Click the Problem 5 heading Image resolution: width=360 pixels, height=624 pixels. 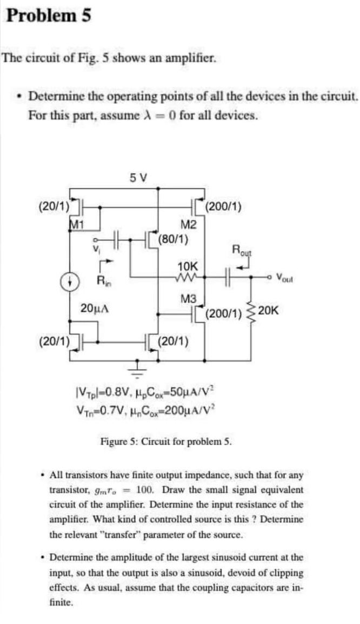(x=48, y=16)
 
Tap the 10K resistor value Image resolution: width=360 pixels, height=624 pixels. (x=188, y=267)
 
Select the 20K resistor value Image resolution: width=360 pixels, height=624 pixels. (x=269, y=311)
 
